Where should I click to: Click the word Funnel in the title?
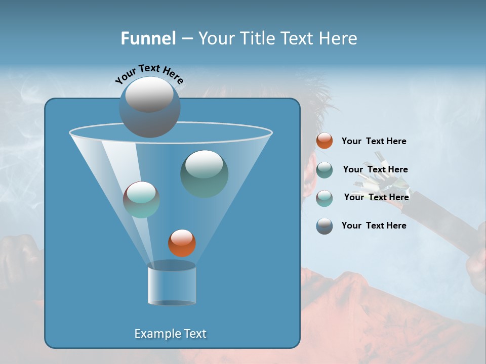point(148,38)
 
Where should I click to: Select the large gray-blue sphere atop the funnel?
point(149,107)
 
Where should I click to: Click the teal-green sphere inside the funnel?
point(204,173)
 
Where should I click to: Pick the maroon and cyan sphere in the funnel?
point(141,200)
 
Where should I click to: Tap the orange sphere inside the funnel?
point(182,243)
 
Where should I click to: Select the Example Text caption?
point(170,334)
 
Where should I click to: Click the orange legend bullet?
point(325,141)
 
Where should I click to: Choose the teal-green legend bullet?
point(325,169)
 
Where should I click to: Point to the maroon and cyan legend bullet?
point(325,198)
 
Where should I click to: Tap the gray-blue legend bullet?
point(325,226)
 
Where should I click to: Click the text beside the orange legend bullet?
point(374,141)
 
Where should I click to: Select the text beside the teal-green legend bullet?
point(375,169)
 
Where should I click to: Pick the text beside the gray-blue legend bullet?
point(374,225)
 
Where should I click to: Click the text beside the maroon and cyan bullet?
point(376,197)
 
